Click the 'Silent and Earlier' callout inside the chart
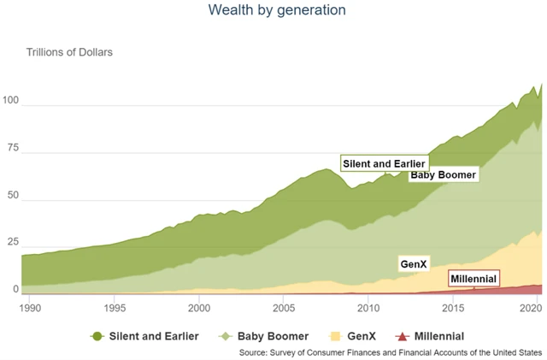(384, 163)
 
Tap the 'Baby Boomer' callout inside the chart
(443, 175)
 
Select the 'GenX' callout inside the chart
(414, 264)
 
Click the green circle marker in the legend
(97, 336)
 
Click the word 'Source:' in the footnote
(254, 351)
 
